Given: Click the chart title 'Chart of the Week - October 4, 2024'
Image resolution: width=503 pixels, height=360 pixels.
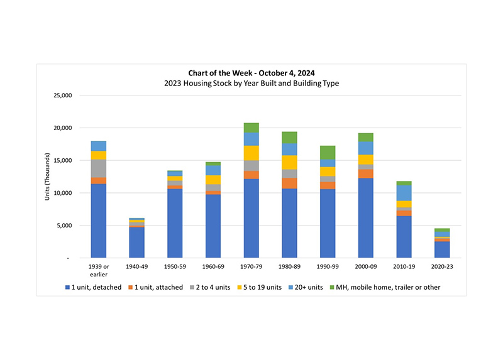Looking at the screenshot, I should [251, 72].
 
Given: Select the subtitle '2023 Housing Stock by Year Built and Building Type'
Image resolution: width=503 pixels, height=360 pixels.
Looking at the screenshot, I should [251, 83].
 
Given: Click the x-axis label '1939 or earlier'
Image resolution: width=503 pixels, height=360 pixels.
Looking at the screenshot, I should [98, 270].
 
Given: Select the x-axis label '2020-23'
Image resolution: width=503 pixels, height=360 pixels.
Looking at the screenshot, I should [442, 266].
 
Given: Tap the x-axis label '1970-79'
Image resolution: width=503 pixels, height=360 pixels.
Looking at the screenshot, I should [251, 266].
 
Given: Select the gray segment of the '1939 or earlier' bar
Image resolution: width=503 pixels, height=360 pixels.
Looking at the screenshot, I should [98, 168].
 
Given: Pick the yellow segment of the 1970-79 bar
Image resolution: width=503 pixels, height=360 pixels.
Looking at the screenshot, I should [251, 153].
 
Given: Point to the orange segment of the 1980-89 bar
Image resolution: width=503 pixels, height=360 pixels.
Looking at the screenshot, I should [289, 183].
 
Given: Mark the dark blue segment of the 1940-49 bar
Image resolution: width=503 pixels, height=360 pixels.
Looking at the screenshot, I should [136, 243].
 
